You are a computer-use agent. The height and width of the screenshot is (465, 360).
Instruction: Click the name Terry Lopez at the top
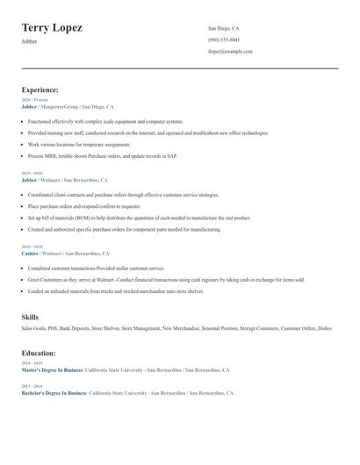52,28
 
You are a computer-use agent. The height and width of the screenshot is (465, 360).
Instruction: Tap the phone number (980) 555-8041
223,39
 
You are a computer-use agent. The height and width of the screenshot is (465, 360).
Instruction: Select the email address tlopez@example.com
230,51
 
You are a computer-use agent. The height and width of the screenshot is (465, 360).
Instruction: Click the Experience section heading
40,89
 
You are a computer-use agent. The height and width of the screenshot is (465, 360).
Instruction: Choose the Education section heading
39,353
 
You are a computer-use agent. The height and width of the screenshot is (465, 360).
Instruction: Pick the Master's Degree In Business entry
54,370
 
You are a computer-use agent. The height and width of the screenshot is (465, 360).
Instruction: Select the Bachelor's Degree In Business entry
54,393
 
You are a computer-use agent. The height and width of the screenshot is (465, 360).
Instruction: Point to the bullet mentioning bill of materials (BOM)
139,218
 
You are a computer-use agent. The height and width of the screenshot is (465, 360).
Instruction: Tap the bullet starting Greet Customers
166,279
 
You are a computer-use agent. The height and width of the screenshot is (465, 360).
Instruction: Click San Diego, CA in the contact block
223,28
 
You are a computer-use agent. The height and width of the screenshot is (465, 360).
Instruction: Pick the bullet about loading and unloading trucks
115,290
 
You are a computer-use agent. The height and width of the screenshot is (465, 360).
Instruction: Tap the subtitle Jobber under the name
29,41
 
